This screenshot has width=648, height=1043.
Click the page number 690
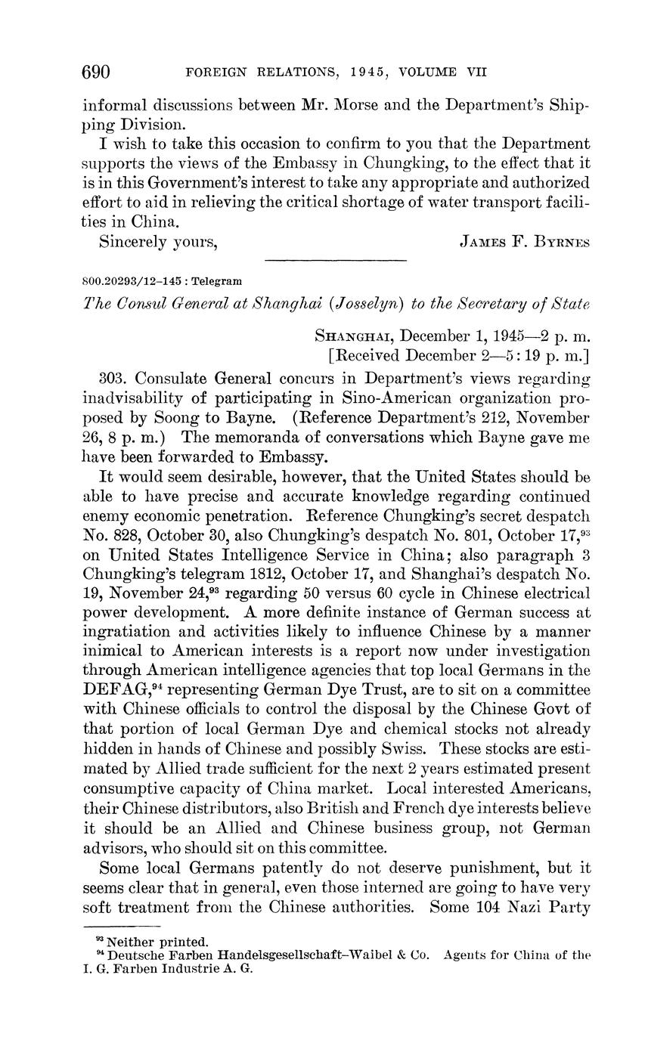[96, 73]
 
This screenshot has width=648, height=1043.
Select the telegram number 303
[113, 378]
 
